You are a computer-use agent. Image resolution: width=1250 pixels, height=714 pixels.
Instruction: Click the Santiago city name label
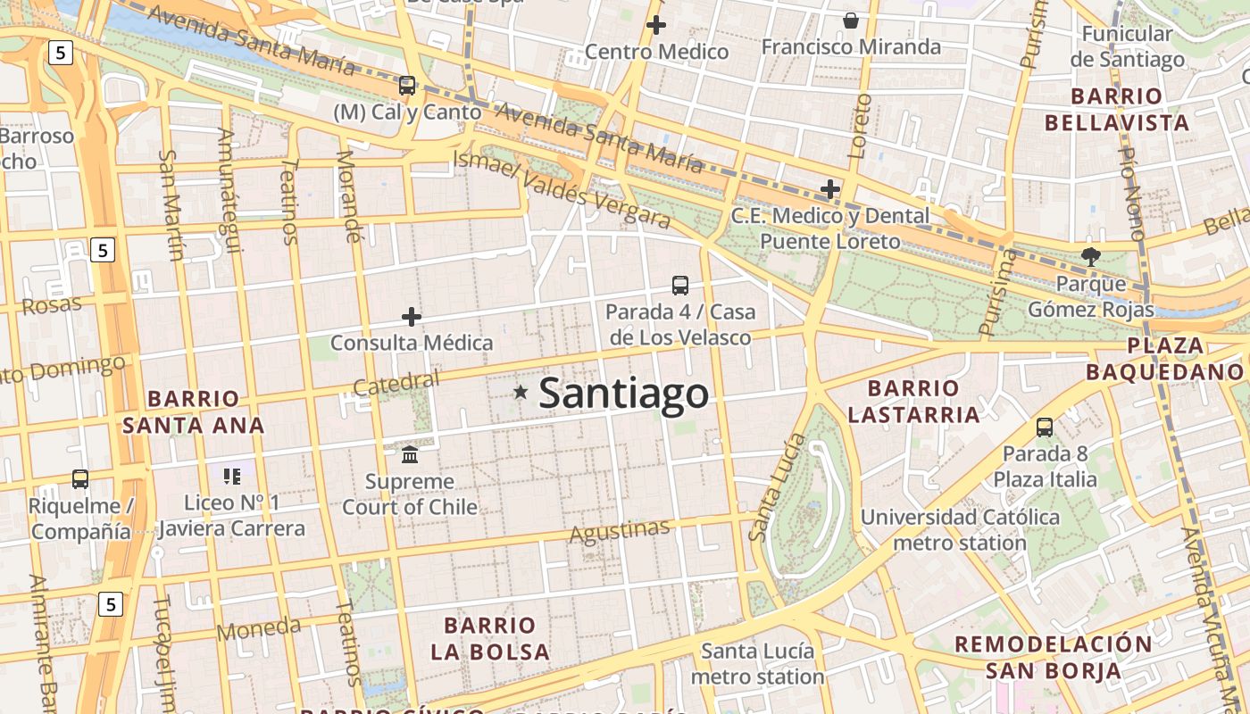[x=623, y=393]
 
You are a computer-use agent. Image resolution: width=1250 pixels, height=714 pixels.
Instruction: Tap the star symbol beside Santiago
[x=521, y=392]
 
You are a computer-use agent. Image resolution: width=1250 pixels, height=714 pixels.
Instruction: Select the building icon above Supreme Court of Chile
[x=410, y=455]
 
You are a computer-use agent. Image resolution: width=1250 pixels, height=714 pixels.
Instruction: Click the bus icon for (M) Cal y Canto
[x=407, y=86]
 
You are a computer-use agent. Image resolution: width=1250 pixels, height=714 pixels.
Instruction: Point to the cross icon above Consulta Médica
[x=411, y=317]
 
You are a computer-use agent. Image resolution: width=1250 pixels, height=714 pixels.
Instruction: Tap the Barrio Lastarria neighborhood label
[x=913, y=402]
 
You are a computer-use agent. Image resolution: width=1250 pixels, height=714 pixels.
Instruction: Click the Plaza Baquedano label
[x=1164, y=359]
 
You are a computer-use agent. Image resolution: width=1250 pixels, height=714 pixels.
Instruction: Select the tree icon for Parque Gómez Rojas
[x=1090, y=257]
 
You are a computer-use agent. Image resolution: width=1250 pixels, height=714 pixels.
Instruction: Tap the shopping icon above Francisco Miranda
[x=851, y=20]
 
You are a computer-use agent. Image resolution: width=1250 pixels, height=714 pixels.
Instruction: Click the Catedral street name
[x=396, y=384]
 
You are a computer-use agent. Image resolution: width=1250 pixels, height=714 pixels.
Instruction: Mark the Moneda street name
[x=259, y=628]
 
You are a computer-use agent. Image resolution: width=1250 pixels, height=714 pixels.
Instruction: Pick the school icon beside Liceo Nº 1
[x=232, y=477]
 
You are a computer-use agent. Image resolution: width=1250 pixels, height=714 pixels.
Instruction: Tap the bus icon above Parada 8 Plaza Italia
[x=1045, y=428]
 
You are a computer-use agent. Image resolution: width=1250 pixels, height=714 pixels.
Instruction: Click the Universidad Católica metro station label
[x=960, y=530]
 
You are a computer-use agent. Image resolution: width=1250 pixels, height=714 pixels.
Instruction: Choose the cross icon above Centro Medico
[x=656, y=25]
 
